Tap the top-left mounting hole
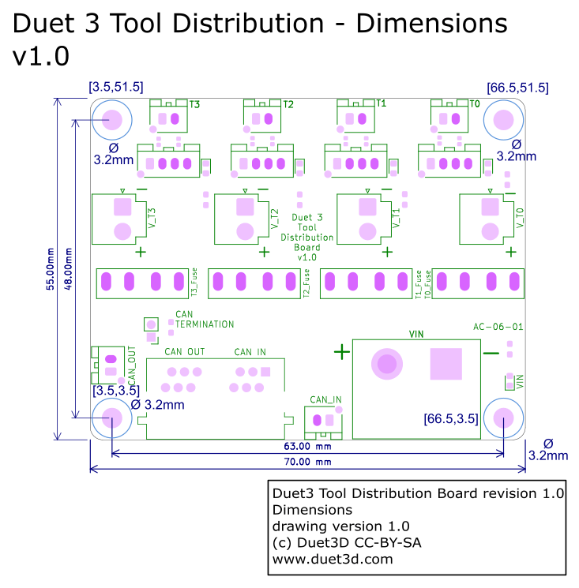tap(111, 120)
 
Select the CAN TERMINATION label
tap(205, 320)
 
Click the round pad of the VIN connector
tap(386, 364)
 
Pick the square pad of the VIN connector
tap(446, 364)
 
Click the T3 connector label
tap(194, 104)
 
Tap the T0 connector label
tap(475, 104)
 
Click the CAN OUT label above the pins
tap(185, 352)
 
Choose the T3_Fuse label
tap(194, 283)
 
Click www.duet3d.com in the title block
tap(332, 559)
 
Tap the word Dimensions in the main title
tap(431, 24)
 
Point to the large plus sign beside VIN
tap(341, 352)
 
